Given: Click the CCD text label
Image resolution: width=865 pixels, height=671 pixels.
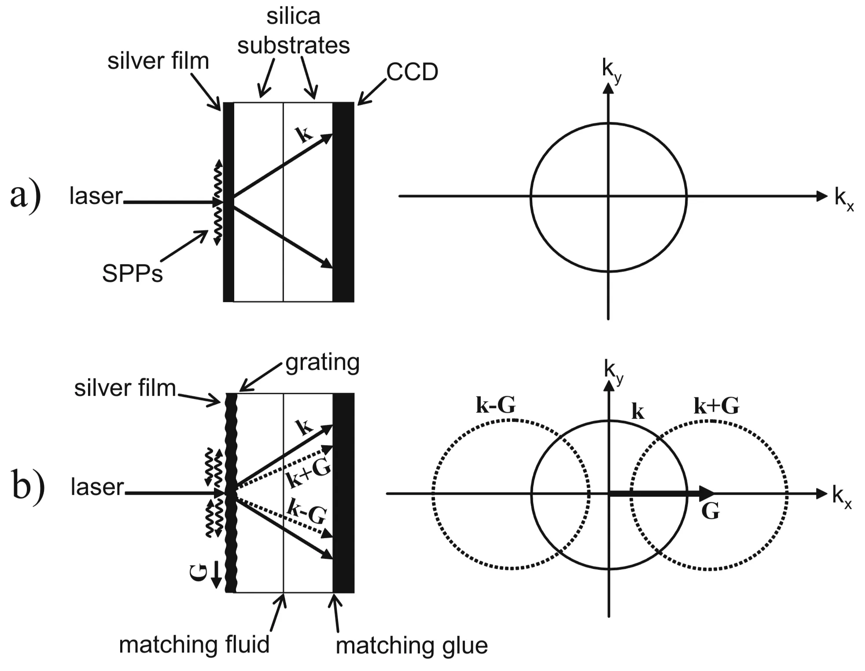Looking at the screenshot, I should (412, 72).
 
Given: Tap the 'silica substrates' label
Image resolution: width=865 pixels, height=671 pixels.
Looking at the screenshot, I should (293, 31).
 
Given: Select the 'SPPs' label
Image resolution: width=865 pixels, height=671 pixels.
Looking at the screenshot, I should (132, 273).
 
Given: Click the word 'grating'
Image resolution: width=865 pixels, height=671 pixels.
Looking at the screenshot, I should (322, 363).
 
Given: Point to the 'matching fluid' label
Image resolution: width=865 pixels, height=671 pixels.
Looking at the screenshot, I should (194, 645).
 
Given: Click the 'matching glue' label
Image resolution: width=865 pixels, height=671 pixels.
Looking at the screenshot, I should (412, 646).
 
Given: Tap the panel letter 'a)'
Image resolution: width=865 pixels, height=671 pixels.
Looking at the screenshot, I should (26, 196).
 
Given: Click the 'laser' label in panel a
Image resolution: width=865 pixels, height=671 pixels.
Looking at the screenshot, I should (96, 196).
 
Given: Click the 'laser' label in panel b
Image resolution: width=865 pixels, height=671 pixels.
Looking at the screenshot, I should (97, 487).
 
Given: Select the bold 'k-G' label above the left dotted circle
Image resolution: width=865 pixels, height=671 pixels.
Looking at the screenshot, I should (495, 405).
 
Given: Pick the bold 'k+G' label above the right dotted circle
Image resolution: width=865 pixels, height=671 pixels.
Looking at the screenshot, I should (716, 406).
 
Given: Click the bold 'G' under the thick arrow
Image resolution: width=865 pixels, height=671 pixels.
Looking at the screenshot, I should (710, 511).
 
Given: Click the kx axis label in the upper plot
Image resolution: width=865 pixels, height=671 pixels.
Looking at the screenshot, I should (843, 199).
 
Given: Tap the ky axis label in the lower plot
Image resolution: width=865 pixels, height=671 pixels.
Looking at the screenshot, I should (613, 371).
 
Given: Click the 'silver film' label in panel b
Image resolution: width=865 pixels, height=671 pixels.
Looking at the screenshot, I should (125, 388).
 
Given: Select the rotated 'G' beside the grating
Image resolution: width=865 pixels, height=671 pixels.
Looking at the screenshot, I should (199, 573).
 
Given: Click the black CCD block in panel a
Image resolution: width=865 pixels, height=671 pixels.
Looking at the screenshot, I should (343, 202).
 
